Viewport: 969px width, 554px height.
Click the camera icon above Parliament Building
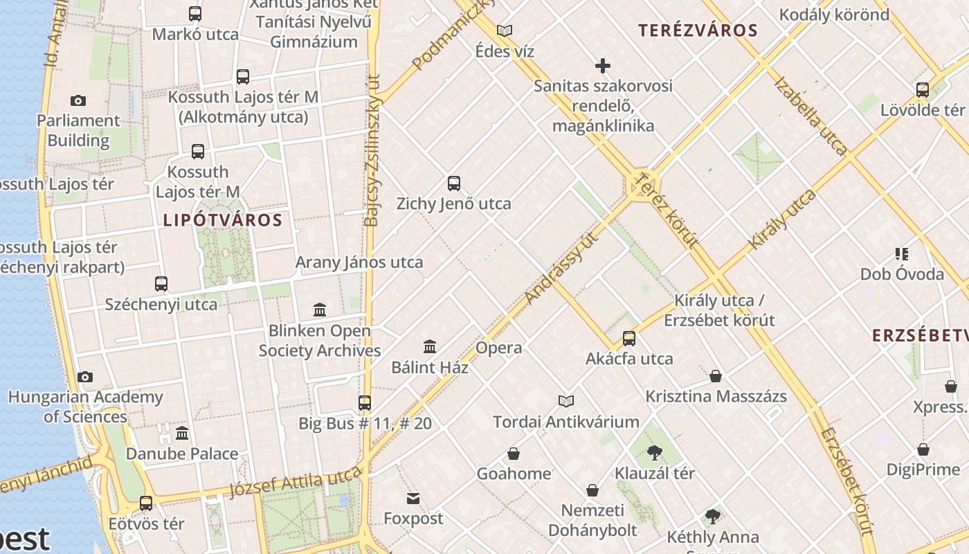(78, 100)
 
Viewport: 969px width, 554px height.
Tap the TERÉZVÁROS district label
(698, 30)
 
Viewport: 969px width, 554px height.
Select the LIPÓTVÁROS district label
(223, 220)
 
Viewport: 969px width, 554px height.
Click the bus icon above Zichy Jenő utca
(454, 184)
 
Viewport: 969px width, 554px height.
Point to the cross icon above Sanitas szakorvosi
(603, 66)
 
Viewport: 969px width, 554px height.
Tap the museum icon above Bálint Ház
(430, 346)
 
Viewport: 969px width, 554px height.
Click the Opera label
(499, 348)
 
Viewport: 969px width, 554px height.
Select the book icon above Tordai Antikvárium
(566, 401)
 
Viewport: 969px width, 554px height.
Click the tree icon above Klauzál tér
(654, 453)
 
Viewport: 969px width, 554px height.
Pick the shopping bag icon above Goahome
(514, 454)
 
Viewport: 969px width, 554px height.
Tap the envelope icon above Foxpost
(413, 499)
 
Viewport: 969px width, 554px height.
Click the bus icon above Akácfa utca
(629, 338)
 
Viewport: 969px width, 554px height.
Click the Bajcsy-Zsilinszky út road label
(372, 151)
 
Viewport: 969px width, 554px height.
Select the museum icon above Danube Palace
(182, 434)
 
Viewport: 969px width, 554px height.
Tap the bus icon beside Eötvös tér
(146, 503)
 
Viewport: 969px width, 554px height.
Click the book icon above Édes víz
(505, 30)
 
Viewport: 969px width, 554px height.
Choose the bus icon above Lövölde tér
(923, 89)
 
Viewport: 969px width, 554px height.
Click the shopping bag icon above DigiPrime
(923, 449)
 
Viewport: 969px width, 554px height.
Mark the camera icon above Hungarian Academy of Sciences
(85, 377)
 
